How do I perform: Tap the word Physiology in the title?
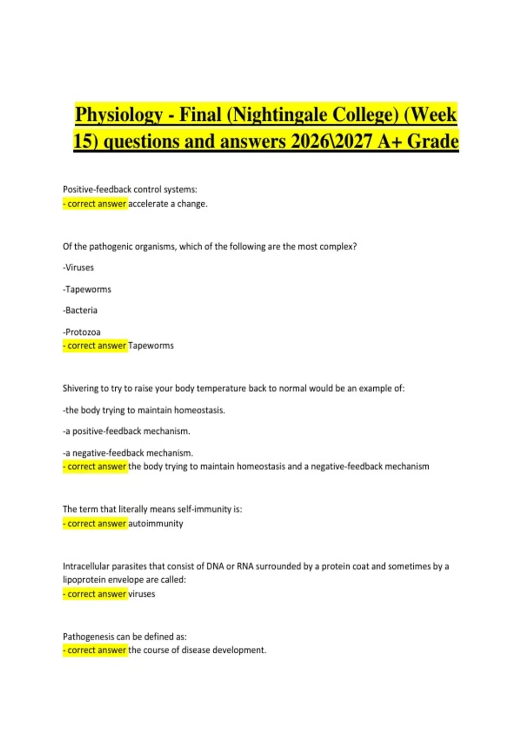[119, 115]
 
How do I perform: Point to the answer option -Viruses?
[78, 267]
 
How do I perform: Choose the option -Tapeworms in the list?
[87, 289]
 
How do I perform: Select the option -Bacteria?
[80, 310]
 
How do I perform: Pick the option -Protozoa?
[82, 332]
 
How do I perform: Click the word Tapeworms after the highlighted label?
[151, 346]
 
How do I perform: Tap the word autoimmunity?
[156, 523]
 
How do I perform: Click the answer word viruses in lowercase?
[141, 594]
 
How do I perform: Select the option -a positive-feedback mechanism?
[126, 431]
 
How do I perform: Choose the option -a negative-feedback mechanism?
[128, 453]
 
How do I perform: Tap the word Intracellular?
[86, 566]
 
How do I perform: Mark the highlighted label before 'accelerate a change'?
[95, 204]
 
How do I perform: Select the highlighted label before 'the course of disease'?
[95, 650]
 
